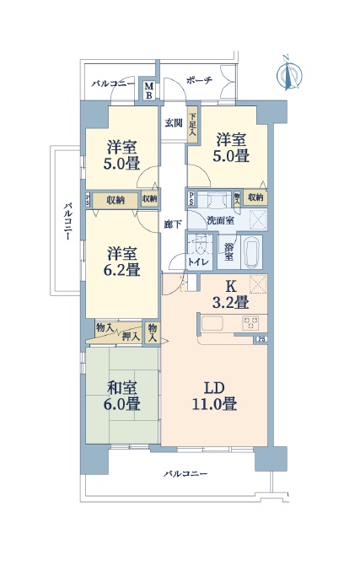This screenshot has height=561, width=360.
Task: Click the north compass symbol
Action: click(289, 74)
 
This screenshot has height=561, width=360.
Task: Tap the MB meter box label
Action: click(149, 91)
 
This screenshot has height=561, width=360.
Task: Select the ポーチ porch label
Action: click(199, 80)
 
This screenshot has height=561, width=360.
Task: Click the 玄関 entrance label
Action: click(174, 123)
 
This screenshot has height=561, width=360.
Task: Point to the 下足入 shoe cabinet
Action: click(193, 125)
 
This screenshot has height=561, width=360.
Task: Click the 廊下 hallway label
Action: click(173, 224)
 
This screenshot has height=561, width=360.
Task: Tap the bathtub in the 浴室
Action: click(251, 252)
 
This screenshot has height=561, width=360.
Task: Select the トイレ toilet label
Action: click(198, 262)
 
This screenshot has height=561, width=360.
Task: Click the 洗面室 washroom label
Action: click(221, 220)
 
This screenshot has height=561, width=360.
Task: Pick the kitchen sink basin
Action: click(212, 324)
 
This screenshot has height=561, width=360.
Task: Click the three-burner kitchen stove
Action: click(250, 323)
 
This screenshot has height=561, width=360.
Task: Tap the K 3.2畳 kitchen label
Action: click(231, 294)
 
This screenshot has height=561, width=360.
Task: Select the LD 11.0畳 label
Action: click(214, 396)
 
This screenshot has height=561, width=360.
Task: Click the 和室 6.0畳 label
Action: click(122, 396)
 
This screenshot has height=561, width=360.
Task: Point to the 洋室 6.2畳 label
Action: click(122, 262)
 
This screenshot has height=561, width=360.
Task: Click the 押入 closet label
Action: click(132, 337)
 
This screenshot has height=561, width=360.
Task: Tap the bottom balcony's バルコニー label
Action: click(185, 474)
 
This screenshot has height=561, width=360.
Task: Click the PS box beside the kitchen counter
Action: click(261, 340)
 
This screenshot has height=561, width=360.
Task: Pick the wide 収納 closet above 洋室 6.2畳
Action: click(116, 200)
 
